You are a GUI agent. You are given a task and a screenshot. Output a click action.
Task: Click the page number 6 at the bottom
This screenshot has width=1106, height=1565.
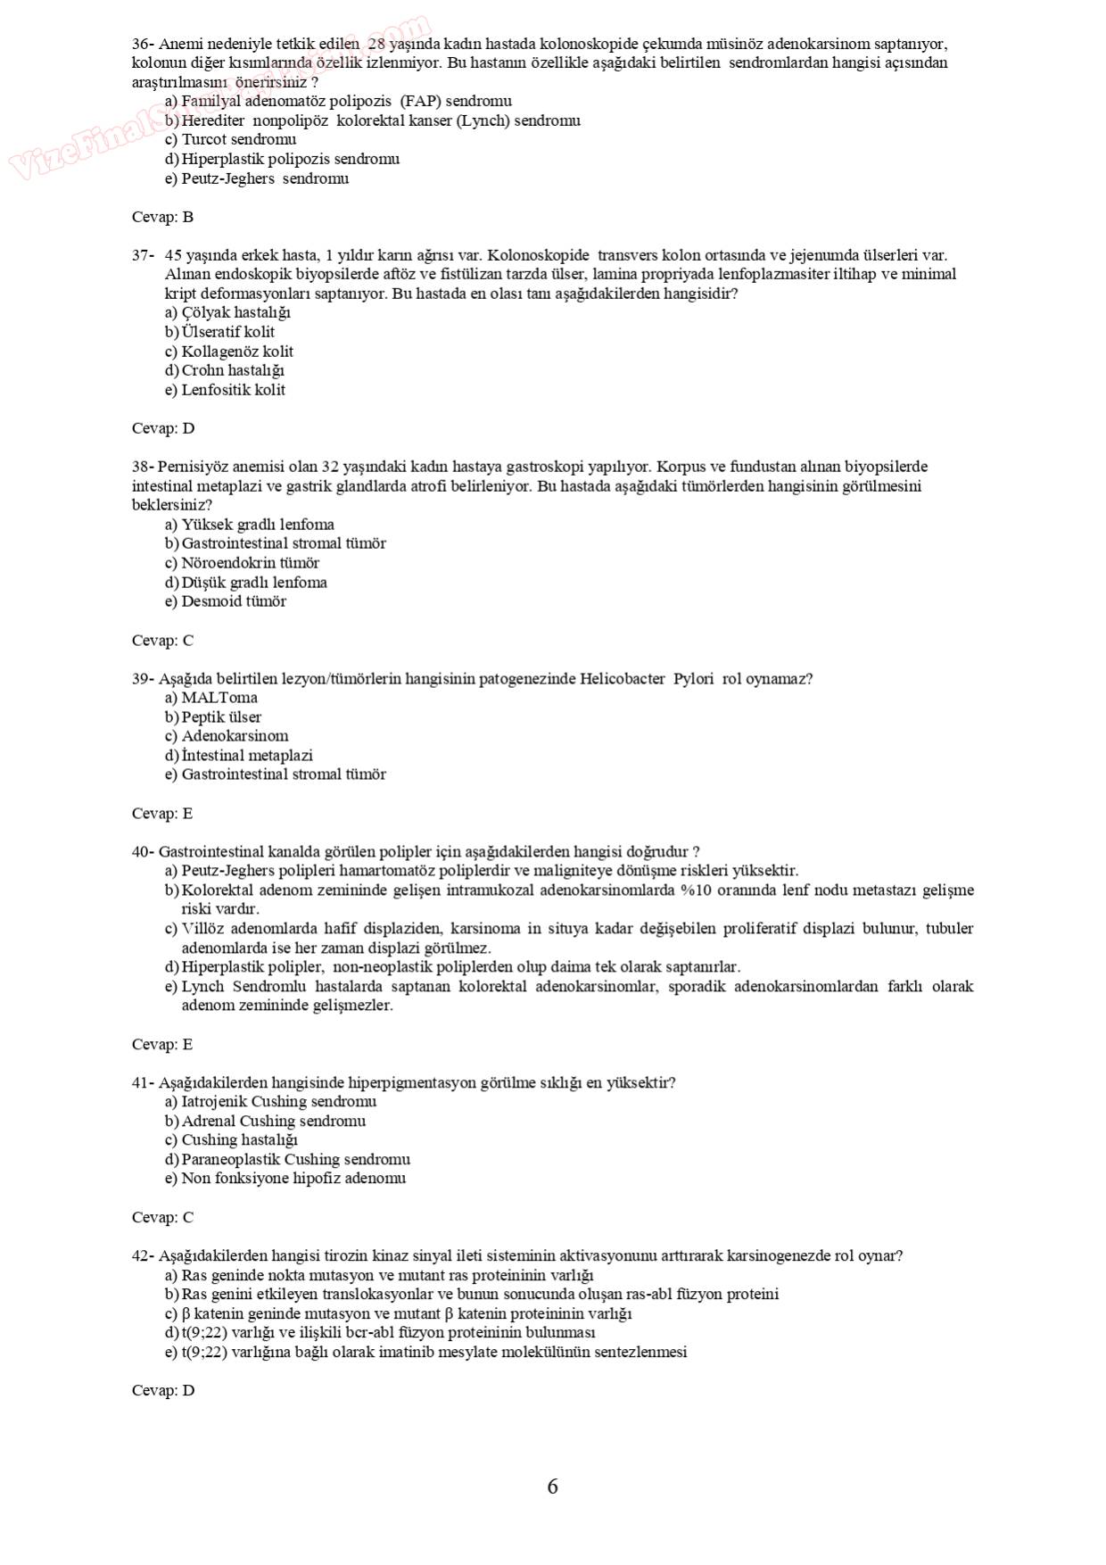click(552, 1486)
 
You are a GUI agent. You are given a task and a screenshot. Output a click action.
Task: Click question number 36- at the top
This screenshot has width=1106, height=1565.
click(143, 44)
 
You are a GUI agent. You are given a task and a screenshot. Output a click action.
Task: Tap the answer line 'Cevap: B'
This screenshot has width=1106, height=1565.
click(162, 217)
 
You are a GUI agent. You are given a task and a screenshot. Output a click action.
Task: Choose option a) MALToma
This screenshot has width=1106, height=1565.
click(211, 698)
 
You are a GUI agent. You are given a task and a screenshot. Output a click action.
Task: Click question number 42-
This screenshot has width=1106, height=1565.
click(143, 1256)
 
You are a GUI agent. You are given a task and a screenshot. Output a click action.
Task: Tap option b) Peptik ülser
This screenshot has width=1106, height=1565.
click(213, 717)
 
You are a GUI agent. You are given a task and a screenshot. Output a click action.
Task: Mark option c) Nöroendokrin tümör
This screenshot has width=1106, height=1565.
click(242, 563)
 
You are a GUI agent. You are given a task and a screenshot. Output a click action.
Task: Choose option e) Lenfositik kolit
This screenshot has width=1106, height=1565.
click(226, 390)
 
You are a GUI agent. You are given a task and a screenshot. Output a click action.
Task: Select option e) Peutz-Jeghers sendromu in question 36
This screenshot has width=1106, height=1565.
click(257, 178)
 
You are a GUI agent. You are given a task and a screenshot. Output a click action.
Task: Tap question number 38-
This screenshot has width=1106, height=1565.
click(143, 467)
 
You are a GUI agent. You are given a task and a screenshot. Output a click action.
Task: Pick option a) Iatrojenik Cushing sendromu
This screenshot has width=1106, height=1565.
click(270, 1102)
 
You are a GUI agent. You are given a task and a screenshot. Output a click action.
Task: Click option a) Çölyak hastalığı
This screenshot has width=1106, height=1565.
click(227, 312)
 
